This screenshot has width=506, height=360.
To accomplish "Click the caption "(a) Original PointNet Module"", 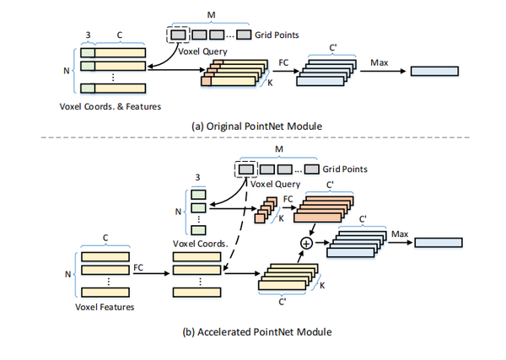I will (x=253, y=126).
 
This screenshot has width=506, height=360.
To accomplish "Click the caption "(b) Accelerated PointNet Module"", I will (x=253, y=331).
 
